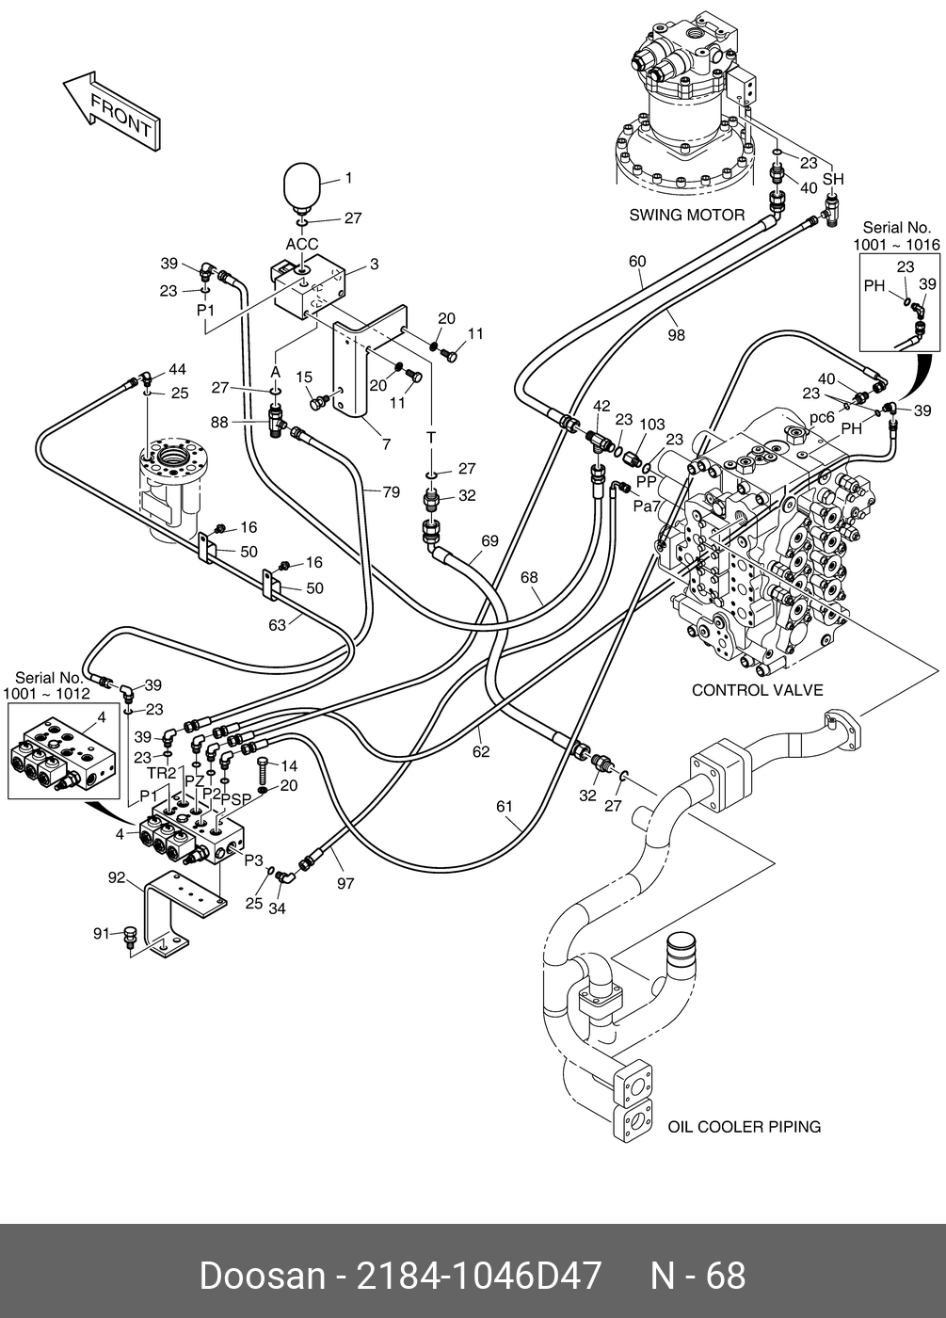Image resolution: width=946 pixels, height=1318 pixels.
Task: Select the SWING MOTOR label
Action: (x=686, y=215)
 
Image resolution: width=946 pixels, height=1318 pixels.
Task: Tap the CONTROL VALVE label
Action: (x=757, y=690)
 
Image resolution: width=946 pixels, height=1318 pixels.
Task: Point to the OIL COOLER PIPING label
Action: (x=744, y=1126)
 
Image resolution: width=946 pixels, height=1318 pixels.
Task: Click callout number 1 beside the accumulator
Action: (x=347, y=178)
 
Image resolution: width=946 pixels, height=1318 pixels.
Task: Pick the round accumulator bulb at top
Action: (x=304, y=184)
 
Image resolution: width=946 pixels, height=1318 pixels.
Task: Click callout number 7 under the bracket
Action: (x=386, y=444)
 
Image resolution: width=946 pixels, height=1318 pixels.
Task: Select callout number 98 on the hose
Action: (x=676, y=334)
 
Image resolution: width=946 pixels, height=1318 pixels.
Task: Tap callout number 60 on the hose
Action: (x=637, y=261)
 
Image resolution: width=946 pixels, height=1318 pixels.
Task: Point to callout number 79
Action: (x=391, y=491)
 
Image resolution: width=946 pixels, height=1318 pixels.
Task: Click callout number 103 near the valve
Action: (x=651, y=425)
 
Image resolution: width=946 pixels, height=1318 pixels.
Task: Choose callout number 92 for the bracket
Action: (x=116, y=877)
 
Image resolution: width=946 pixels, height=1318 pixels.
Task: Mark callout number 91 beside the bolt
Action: (x=102, y=933)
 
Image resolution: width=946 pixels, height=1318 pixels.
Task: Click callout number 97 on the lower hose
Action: (x=345, y=884)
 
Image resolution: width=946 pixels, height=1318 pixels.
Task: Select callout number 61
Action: (x=505, y=806)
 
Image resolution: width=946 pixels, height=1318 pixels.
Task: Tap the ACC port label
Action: (x=302, y=245)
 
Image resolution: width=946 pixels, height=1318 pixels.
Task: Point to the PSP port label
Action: (x=236, y=799)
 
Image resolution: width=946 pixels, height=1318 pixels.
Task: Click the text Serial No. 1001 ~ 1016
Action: (x=896, y=235)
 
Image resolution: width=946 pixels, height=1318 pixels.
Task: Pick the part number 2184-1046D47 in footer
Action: (x=477, y=1276)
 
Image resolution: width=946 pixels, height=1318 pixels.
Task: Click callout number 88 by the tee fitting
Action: (x=219, y=423)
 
